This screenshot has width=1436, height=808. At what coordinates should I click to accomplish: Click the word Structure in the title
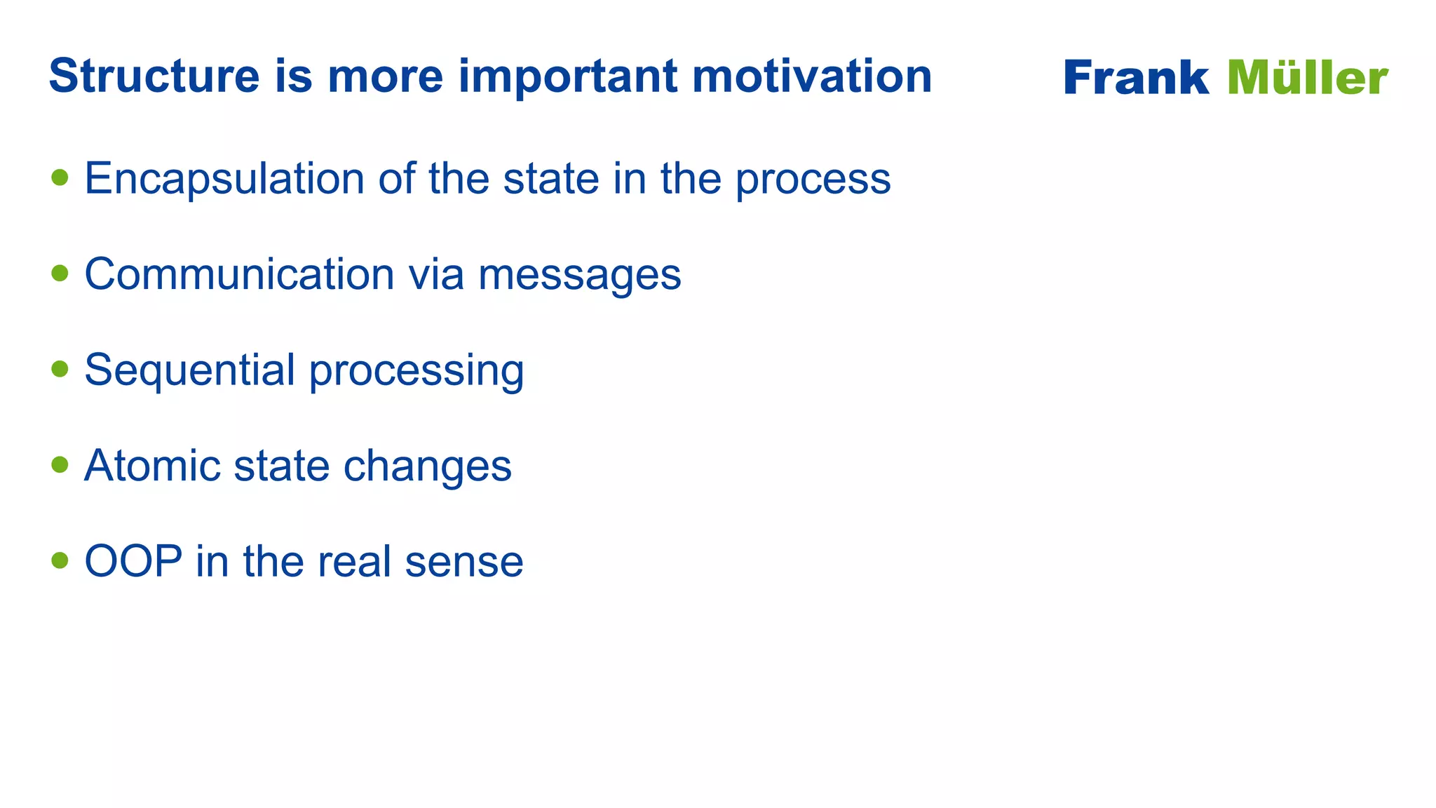pos(154,76)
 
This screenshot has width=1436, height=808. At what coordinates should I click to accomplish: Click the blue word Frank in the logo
pos(1136,77)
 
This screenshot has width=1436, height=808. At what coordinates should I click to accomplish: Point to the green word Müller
pos(1308,77)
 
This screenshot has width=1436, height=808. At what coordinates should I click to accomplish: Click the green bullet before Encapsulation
pos(60,177)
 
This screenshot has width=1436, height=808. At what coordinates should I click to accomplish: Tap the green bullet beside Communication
pos(60,273)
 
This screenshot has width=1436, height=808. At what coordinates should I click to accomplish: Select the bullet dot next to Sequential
pos(60,369)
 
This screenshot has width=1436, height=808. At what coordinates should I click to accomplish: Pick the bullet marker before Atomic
pos(60,464)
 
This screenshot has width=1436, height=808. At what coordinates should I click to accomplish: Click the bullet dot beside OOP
pos(60,560)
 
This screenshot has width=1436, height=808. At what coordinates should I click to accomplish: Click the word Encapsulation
pos(224,178)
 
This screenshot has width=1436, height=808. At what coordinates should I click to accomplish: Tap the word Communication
pos(239,274)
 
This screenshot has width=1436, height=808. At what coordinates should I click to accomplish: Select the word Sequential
pos(189,370)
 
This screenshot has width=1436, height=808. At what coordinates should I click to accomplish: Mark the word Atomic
pos(151,465)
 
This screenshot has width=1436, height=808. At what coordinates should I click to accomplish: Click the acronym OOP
pos(133,561)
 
